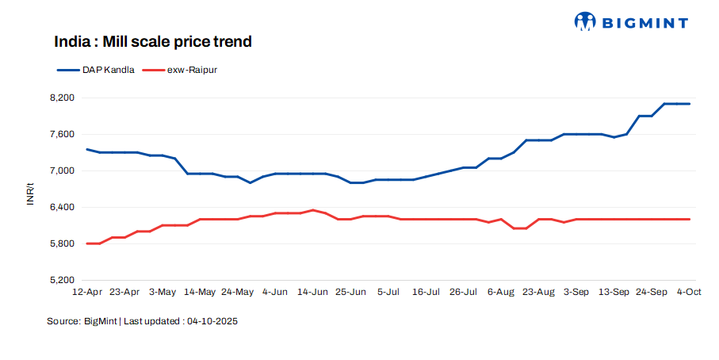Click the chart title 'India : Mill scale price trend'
[153, 41]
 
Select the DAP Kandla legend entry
[108, 70]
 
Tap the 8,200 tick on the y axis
[61, 98]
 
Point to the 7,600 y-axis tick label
[61, 134]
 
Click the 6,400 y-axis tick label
[61, 207]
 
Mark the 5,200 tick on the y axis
[61, 280]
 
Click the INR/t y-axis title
[30, 193]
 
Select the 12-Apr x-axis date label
[87, 292]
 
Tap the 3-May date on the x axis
[163, 292]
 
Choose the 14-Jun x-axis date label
[312, 292]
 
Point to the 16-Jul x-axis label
[426, 292]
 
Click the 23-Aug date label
[539, 292]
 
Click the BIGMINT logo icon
[585, 21]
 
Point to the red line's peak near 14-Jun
[312, 210]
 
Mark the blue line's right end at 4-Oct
[690, 104]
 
